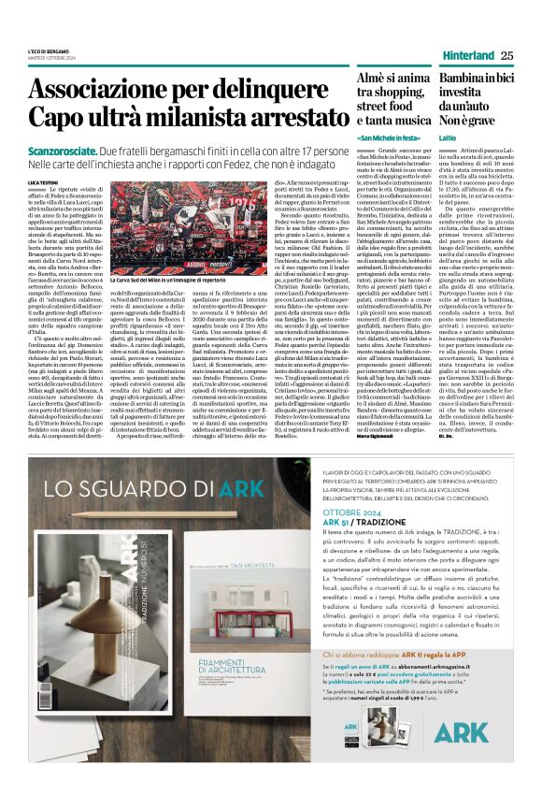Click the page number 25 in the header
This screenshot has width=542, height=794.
(506, 55)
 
